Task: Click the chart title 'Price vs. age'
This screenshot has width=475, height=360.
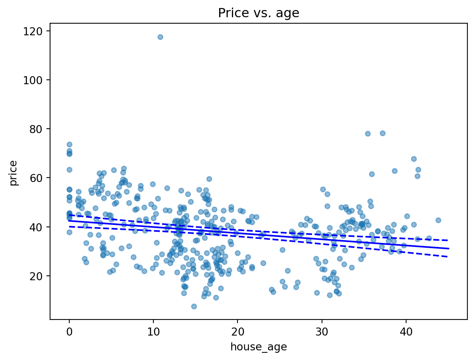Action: click(x=258, y=13)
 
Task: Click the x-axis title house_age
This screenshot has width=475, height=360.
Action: click(x=258, y=347)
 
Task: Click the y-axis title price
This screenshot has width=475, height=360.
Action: click(x=14, y=173)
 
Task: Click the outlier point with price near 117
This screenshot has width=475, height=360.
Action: click(x=160, y=37)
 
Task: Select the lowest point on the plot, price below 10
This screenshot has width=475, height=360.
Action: click(x=194, y=306)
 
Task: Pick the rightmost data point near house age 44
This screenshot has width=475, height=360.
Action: click(x=438, y=220)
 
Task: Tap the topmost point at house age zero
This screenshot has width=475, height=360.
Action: click(x=69, y=144)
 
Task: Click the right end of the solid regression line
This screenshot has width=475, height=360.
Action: click(x=448, y=249)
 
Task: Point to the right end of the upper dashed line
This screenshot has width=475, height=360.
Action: click(x=448, y=241)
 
